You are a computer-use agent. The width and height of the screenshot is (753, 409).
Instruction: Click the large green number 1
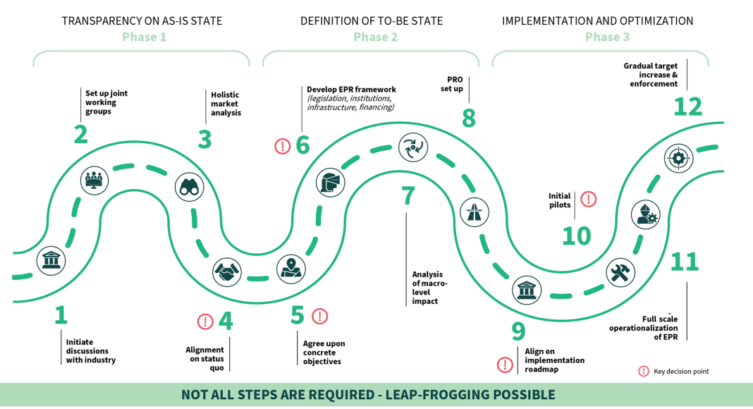tap(61, 315)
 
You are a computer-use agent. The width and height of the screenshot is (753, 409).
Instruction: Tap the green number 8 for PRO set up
tap(469, 118)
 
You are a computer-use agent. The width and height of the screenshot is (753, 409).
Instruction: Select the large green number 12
tap(687, 106)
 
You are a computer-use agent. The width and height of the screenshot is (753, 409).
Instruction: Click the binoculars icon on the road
tap(189, 187)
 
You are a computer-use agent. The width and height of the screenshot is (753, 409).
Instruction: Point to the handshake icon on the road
tap(227, 271)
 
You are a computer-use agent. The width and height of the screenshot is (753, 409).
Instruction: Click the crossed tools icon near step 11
tap(620, 273)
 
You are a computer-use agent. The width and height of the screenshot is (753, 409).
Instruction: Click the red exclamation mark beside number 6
tap(282, 146)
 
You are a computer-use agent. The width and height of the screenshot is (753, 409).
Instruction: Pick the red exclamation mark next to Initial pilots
tap(588, 199)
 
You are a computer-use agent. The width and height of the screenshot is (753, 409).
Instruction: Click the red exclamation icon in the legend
tap(643, 371)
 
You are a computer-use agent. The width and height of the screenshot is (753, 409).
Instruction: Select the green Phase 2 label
tap(375, 37)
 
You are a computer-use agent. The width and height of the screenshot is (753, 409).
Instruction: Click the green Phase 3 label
tap(607, 37)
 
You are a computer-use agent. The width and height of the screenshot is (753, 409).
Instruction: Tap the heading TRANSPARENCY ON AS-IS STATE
tap(142, 20)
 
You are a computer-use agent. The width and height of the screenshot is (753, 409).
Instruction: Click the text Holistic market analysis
tap(226, 103)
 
